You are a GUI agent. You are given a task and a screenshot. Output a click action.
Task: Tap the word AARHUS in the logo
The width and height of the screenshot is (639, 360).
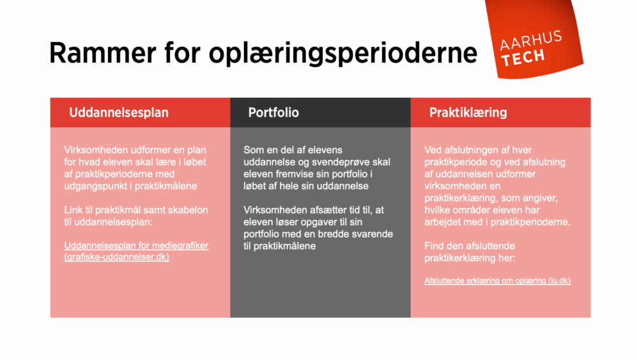point(530,42)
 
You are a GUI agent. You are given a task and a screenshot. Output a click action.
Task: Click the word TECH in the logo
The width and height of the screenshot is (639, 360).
point(523,58)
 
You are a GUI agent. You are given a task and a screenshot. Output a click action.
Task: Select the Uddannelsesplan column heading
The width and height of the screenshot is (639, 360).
point(119,113)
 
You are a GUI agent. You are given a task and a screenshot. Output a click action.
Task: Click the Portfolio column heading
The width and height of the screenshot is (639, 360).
point(273,113)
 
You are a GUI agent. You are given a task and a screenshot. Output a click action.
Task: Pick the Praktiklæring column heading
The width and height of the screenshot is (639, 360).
point(468,113)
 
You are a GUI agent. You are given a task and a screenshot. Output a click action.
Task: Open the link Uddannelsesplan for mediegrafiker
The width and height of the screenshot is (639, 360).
point(136,246)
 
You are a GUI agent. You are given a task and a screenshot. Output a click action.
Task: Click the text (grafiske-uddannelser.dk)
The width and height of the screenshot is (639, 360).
point(116,257)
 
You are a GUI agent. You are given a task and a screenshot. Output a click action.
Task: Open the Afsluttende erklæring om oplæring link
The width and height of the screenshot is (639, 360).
point(497,281)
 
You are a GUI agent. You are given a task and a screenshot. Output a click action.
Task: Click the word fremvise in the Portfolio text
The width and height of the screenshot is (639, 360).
point(296,174)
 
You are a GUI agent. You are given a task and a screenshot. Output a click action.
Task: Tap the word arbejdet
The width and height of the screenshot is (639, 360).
point(444,222)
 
